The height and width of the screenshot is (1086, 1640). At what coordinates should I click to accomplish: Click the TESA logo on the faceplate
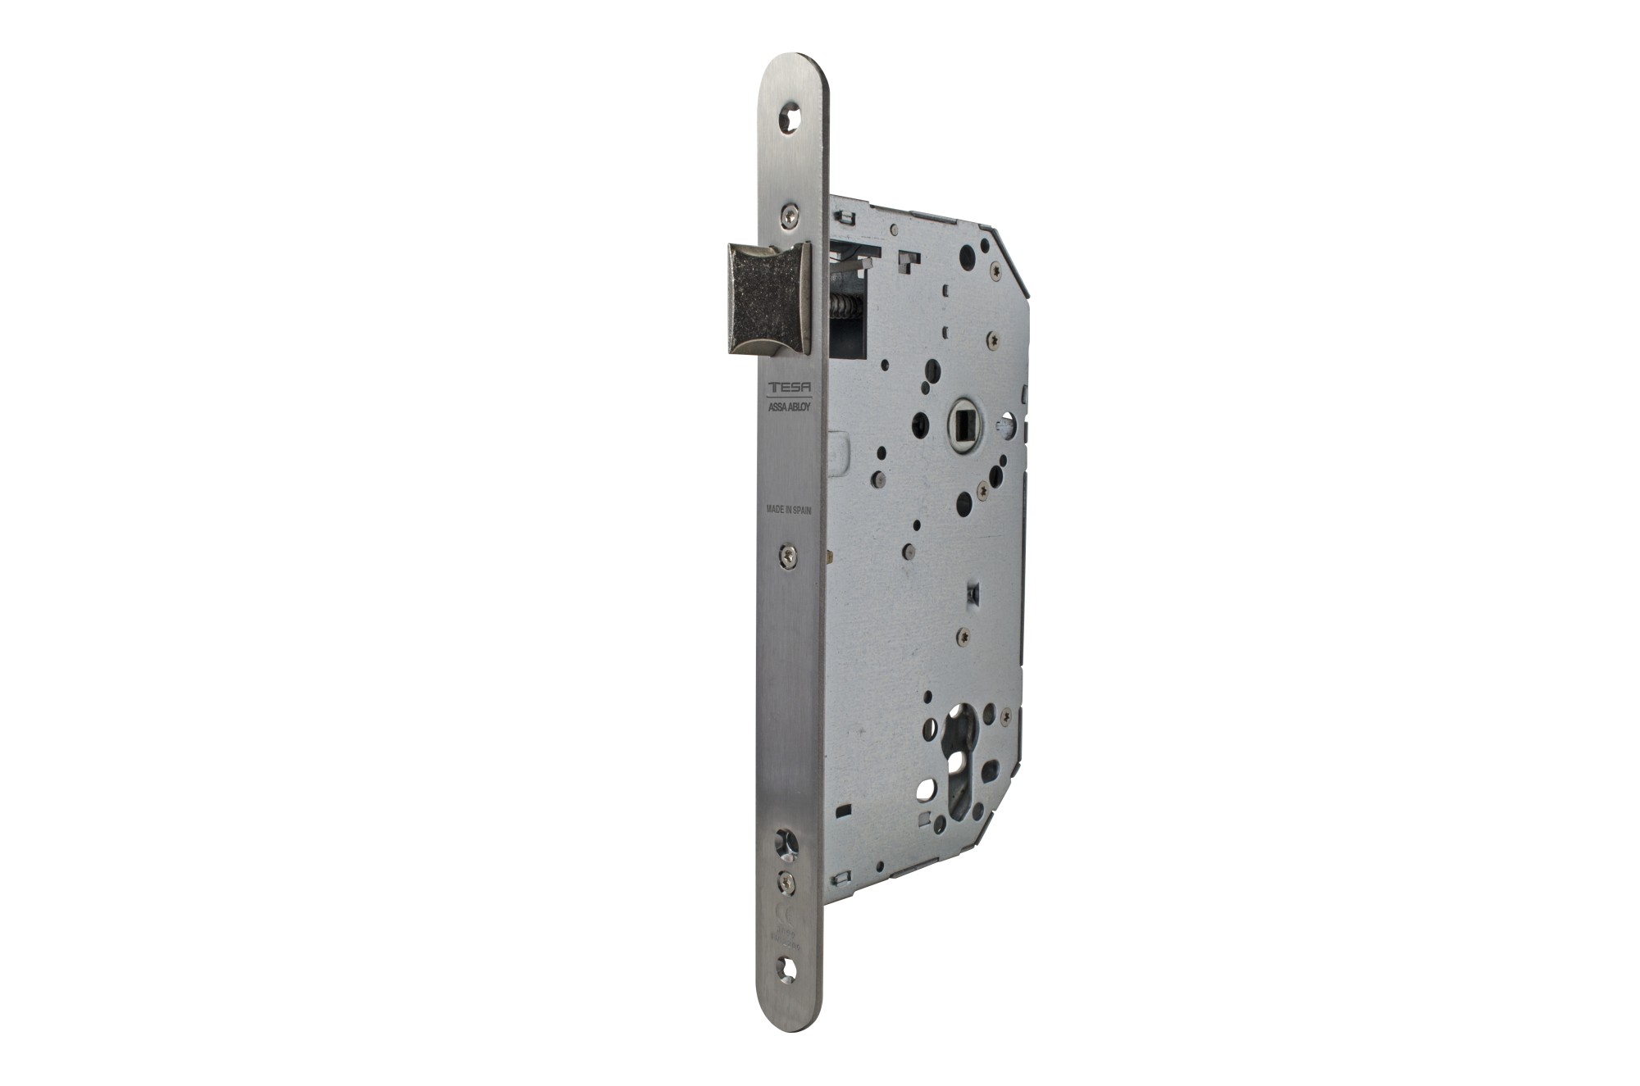point(788,388)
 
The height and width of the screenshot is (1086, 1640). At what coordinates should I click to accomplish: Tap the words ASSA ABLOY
point(788,407)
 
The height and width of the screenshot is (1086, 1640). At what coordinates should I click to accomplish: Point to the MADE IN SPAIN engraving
point(788,509)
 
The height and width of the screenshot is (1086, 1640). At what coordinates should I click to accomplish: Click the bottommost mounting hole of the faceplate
point(788,968)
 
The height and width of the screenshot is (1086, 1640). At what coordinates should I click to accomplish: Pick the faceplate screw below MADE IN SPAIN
point(788,557)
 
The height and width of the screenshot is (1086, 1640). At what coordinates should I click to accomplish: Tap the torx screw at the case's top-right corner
point(995,272)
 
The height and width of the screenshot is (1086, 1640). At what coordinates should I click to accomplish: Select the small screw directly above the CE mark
point(788,880)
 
